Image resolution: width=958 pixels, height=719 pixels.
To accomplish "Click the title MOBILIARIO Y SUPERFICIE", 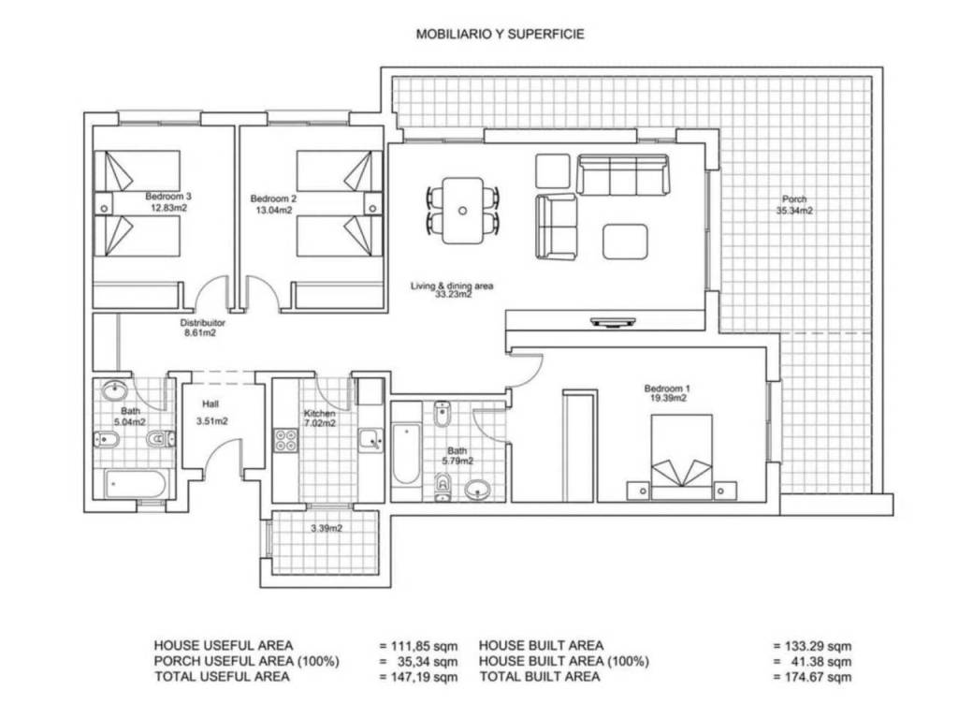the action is click(x=500, y=35).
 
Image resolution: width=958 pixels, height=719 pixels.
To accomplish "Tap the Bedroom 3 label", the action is click(x=168, y=197).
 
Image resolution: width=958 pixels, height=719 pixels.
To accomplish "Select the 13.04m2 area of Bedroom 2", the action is click(x=274, y=211).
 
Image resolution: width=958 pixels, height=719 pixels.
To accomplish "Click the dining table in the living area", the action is click(x=462, y=211).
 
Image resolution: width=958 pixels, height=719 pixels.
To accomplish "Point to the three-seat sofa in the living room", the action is click(x=622, y=175).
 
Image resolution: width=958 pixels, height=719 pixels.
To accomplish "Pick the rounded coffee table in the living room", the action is click(x=625, y=242).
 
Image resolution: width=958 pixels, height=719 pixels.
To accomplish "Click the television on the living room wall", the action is click(x=614, y=322).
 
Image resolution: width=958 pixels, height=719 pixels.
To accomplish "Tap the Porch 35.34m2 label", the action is click(x=794, y=205).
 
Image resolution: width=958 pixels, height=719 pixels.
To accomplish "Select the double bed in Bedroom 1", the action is click(x=681, y=457).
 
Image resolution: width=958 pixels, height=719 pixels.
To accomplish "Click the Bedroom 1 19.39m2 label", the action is click(x=667, y=393).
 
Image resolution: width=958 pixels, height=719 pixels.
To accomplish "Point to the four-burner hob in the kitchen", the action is click(x=286, y=440).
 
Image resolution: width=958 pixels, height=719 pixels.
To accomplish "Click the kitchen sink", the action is click(x=370, y=440).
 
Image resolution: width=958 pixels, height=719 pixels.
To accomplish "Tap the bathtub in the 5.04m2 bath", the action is click(x=135, y=484).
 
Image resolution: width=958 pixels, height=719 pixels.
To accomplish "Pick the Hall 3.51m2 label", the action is click(x=211, y=413).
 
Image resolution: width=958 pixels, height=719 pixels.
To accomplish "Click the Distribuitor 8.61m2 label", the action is click(x=202, y=328).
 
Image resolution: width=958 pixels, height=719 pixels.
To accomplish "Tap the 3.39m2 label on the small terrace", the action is click(x=327, y=528).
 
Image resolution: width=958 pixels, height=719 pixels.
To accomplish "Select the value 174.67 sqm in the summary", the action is click(x=813, y=677).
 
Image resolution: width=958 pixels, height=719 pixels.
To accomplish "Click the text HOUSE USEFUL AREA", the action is click(x=224, y=645).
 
